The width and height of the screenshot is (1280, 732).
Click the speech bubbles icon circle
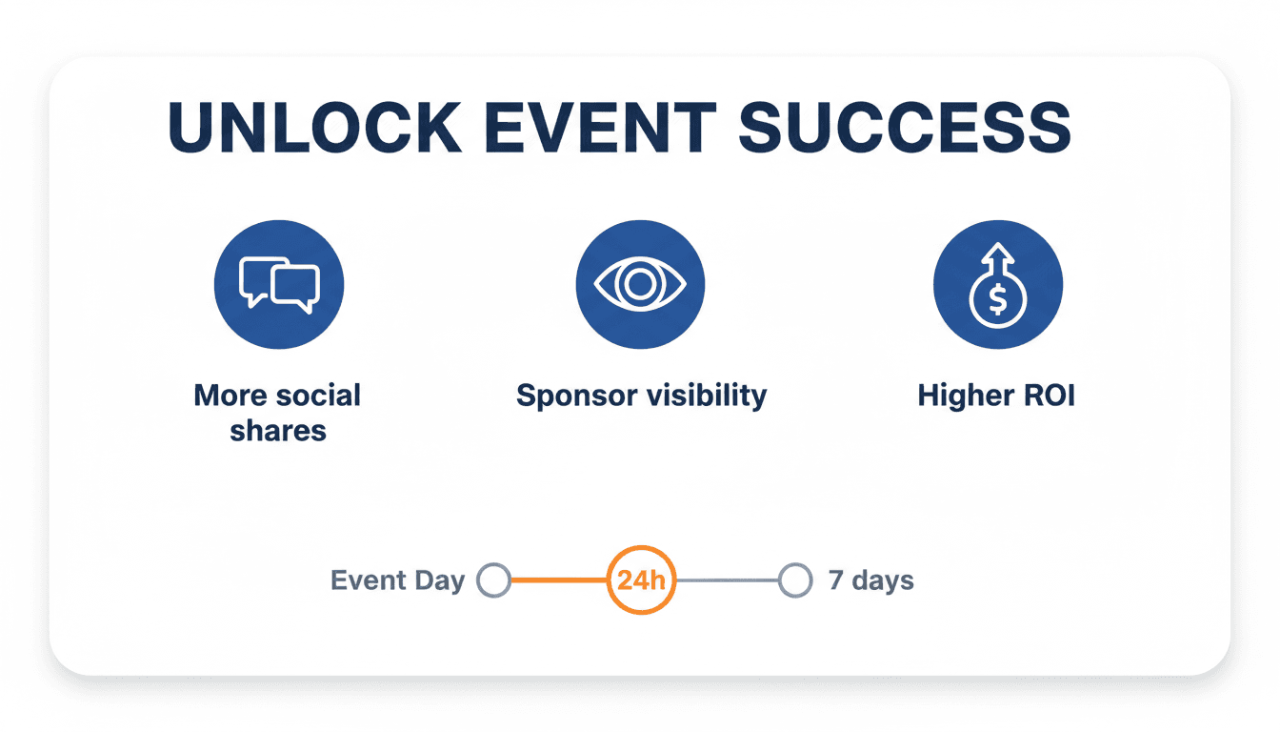[x=279, y=284]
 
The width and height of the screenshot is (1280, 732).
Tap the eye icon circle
[x=640, y=284]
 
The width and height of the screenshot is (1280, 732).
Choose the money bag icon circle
[x=997, y=284]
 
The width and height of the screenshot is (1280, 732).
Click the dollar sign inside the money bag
[x=996, y=300]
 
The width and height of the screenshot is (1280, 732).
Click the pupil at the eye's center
[x=640, y=284]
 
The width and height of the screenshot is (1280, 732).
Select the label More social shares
[x=277, y=413]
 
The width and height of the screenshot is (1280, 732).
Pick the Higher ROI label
[x=996, y=396]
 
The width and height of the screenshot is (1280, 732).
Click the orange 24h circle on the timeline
[x=641, y=579]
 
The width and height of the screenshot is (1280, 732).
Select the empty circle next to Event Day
[x=494, y=579]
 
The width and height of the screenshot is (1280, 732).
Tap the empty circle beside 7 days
[x=794, y=579]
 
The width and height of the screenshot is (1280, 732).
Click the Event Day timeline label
[x=397, y=580]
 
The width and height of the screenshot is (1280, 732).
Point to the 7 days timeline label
[x=870, y=580]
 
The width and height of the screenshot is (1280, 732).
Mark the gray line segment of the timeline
[x=727, y=579]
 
